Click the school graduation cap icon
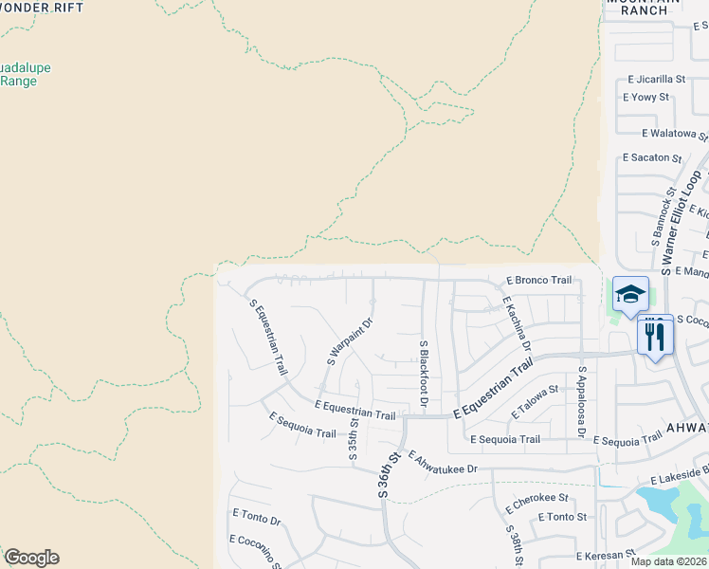coord(629,294)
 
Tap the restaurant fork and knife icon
coord(655,335)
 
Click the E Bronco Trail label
coord(538,281)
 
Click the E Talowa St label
coord(536,403)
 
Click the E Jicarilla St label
coord(656,79)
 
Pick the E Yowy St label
coord(645,97)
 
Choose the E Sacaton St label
coord(652,157)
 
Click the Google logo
coord(31,558)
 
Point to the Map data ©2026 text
coord(668,561)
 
